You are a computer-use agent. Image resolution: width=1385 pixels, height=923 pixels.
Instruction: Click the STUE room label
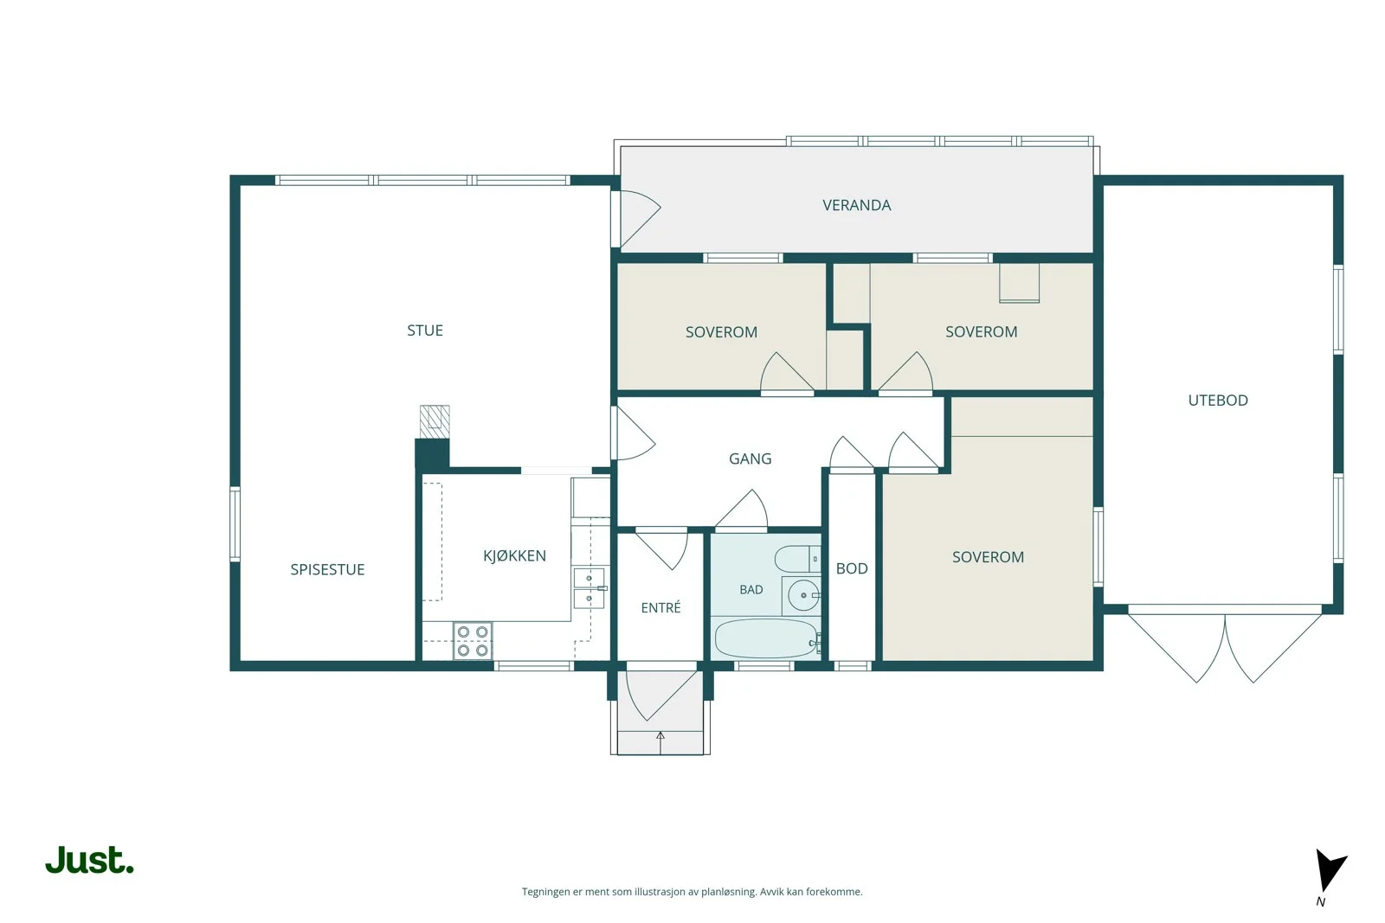(425, 330)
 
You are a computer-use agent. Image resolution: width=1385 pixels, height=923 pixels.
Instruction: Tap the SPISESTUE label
(328, 569)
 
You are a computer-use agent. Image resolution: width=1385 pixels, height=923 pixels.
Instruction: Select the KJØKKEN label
(514, 556)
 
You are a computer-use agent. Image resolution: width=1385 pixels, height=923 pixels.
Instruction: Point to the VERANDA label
(856, 205)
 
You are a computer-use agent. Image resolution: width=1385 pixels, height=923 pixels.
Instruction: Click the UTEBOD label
(1218, 401)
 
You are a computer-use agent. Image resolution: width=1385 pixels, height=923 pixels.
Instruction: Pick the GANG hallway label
(750, 459)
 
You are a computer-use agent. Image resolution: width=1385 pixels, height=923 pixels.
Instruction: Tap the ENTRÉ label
(660, 608)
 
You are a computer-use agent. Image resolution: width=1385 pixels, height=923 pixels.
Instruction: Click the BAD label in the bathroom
(751, 590)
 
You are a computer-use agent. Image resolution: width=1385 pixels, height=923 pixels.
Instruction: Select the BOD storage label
(852, 569)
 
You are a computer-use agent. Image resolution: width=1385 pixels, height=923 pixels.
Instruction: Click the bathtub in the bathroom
(767, 638)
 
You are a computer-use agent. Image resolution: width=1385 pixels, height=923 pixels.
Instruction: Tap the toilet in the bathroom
(797, 559)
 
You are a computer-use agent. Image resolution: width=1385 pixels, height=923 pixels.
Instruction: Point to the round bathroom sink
(803, 595)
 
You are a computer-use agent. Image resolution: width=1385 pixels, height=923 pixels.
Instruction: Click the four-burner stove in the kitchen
(473, 641)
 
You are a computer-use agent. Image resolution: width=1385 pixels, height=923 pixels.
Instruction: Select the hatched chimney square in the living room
(435, 422)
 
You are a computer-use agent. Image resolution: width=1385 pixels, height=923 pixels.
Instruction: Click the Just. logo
(90, 860)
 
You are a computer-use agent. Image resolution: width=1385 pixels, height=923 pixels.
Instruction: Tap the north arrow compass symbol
(1330, 871)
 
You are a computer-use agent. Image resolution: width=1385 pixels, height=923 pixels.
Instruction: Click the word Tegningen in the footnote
(546, 892)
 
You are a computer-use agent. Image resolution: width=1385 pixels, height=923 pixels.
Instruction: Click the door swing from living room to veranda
(641, 219)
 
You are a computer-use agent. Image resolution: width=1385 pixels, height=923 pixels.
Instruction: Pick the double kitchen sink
(589, 589)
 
